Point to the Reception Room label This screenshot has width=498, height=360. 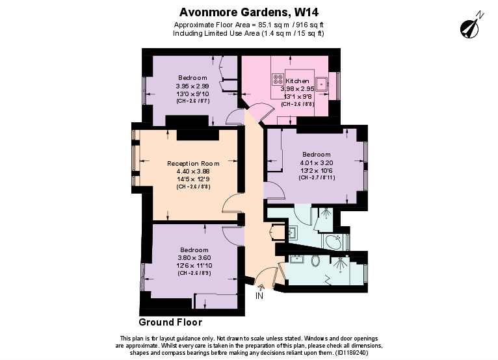193,163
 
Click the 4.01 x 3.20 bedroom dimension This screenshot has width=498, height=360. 316,162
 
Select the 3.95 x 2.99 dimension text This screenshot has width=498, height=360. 192,86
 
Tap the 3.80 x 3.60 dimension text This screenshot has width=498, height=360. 194,257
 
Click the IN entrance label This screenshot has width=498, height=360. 259,296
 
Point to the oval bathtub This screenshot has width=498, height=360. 334,242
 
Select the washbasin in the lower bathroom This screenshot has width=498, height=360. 298,259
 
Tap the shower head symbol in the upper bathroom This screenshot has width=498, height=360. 326,212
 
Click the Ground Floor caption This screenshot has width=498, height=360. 170,322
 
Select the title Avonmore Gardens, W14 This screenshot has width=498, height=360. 249,11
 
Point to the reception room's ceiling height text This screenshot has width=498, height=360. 193,186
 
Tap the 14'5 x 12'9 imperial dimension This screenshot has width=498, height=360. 193,179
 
